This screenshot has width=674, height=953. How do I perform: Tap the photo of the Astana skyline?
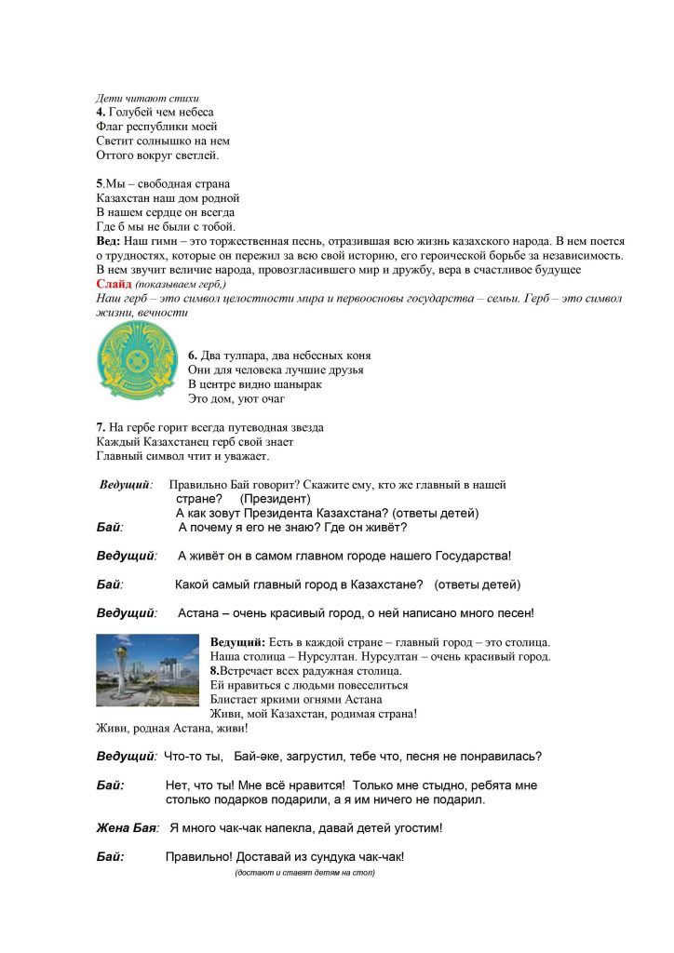tap(148, 677)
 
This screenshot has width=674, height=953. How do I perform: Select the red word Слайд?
tap(114, 283)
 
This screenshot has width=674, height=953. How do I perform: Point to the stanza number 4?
tap(101, 113)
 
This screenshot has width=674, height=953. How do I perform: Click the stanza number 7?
tap(101, 427)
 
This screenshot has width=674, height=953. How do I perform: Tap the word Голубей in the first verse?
tap(134, 113)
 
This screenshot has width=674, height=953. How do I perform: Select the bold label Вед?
tap(110, 241)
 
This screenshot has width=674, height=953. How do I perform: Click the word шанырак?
tap(286, 383)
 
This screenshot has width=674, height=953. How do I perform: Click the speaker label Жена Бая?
tap(128, 827)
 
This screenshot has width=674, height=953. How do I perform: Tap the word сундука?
tap(333, 857)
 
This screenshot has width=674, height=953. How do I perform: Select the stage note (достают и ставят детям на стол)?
tap(304, 874)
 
